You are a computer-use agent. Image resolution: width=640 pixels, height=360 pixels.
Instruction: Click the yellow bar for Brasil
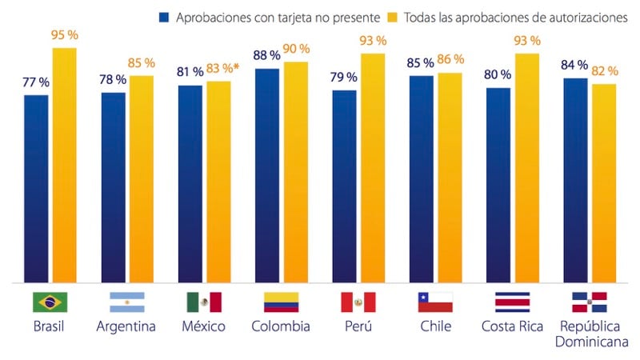[x=65, y=165]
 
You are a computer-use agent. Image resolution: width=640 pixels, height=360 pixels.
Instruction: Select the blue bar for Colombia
[x=266, y=176]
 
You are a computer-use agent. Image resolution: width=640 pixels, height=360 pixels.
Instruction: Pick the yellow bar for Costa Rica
[x=527, y=168]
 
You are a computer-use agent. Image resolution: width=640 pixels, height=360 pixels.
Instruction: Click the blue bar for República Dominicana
[x=576, y=181]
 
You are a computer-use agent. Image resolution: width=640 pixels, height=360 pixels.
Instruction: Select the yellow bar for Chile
[x=450, y=178]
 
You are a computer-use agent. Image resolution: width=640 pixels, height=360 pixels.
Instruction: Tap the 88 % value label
[x=266, y=56]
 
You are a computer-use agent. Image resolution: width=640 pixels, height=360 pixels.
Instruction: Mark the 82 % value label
[x=604, y=71]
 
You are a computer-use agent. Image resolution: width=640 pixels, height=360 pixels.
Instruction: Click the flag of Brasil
[x=50, y=302]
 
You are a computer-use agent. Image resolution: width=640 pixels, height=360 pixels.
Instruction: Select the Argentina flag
[x=126, y=302]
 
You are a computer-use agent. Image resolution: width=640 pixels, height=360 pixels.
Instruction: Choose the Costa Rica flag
[x=512, y=302]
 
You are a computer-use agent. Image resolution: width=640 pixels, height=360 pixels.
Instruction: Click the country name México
[x=203, y=326]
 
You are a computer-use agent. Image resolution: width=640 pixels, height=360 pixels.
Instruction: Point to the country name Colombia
[x=281, y=326]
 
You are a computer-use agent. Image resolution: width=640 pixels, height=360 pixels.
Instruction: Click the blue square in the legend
[x=165, y=17]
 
